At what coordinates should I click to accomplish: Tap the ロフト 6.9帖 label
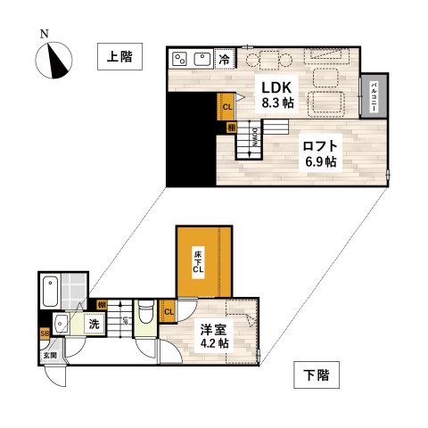pos(317,153)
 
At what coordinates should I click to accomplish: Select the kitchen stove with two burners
pos(179,59)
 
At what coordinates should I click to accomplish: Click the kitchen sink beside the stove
pos(202,60)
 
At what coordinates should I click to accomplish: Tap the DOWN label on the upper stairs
pos(256,136)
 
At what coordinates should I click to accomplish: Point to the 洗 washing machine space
pos(93,325)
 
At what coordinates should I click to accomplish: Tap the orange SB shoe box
pos(45,335)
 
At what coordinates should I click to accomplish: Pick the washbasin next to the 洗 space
pos(62,322)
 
